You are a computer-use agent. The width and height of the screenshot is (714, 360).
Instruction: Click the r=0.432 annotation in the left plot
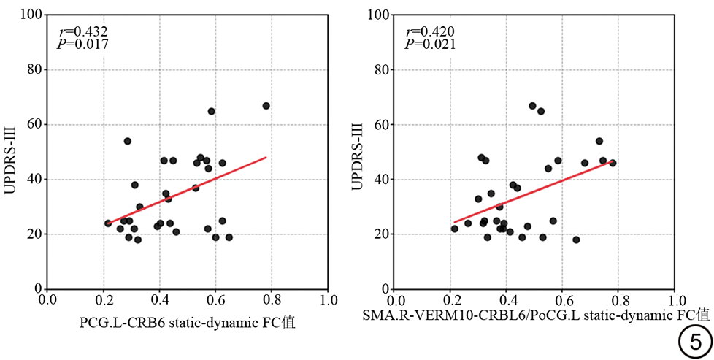coord(82,32)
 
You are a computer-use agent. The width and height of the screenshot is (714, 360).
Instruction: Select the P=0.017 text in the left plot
coord(82,44)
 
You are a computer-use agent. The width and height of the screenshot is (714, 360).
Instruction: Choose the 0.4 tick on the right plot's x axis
coord(507,299)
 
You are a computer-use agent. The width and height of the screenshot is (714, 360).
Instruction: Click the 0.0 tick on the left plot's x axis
coord(48,299)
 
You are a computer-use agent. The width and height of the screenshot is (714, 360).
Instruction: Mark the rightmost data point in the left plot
coord(266,106)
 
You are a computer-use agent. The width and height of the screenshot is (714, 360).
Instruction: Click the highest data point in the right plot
coord(532,106)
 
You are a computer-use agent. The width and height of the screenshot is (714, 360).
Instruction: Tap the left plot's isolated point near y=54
coord(127,141)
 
